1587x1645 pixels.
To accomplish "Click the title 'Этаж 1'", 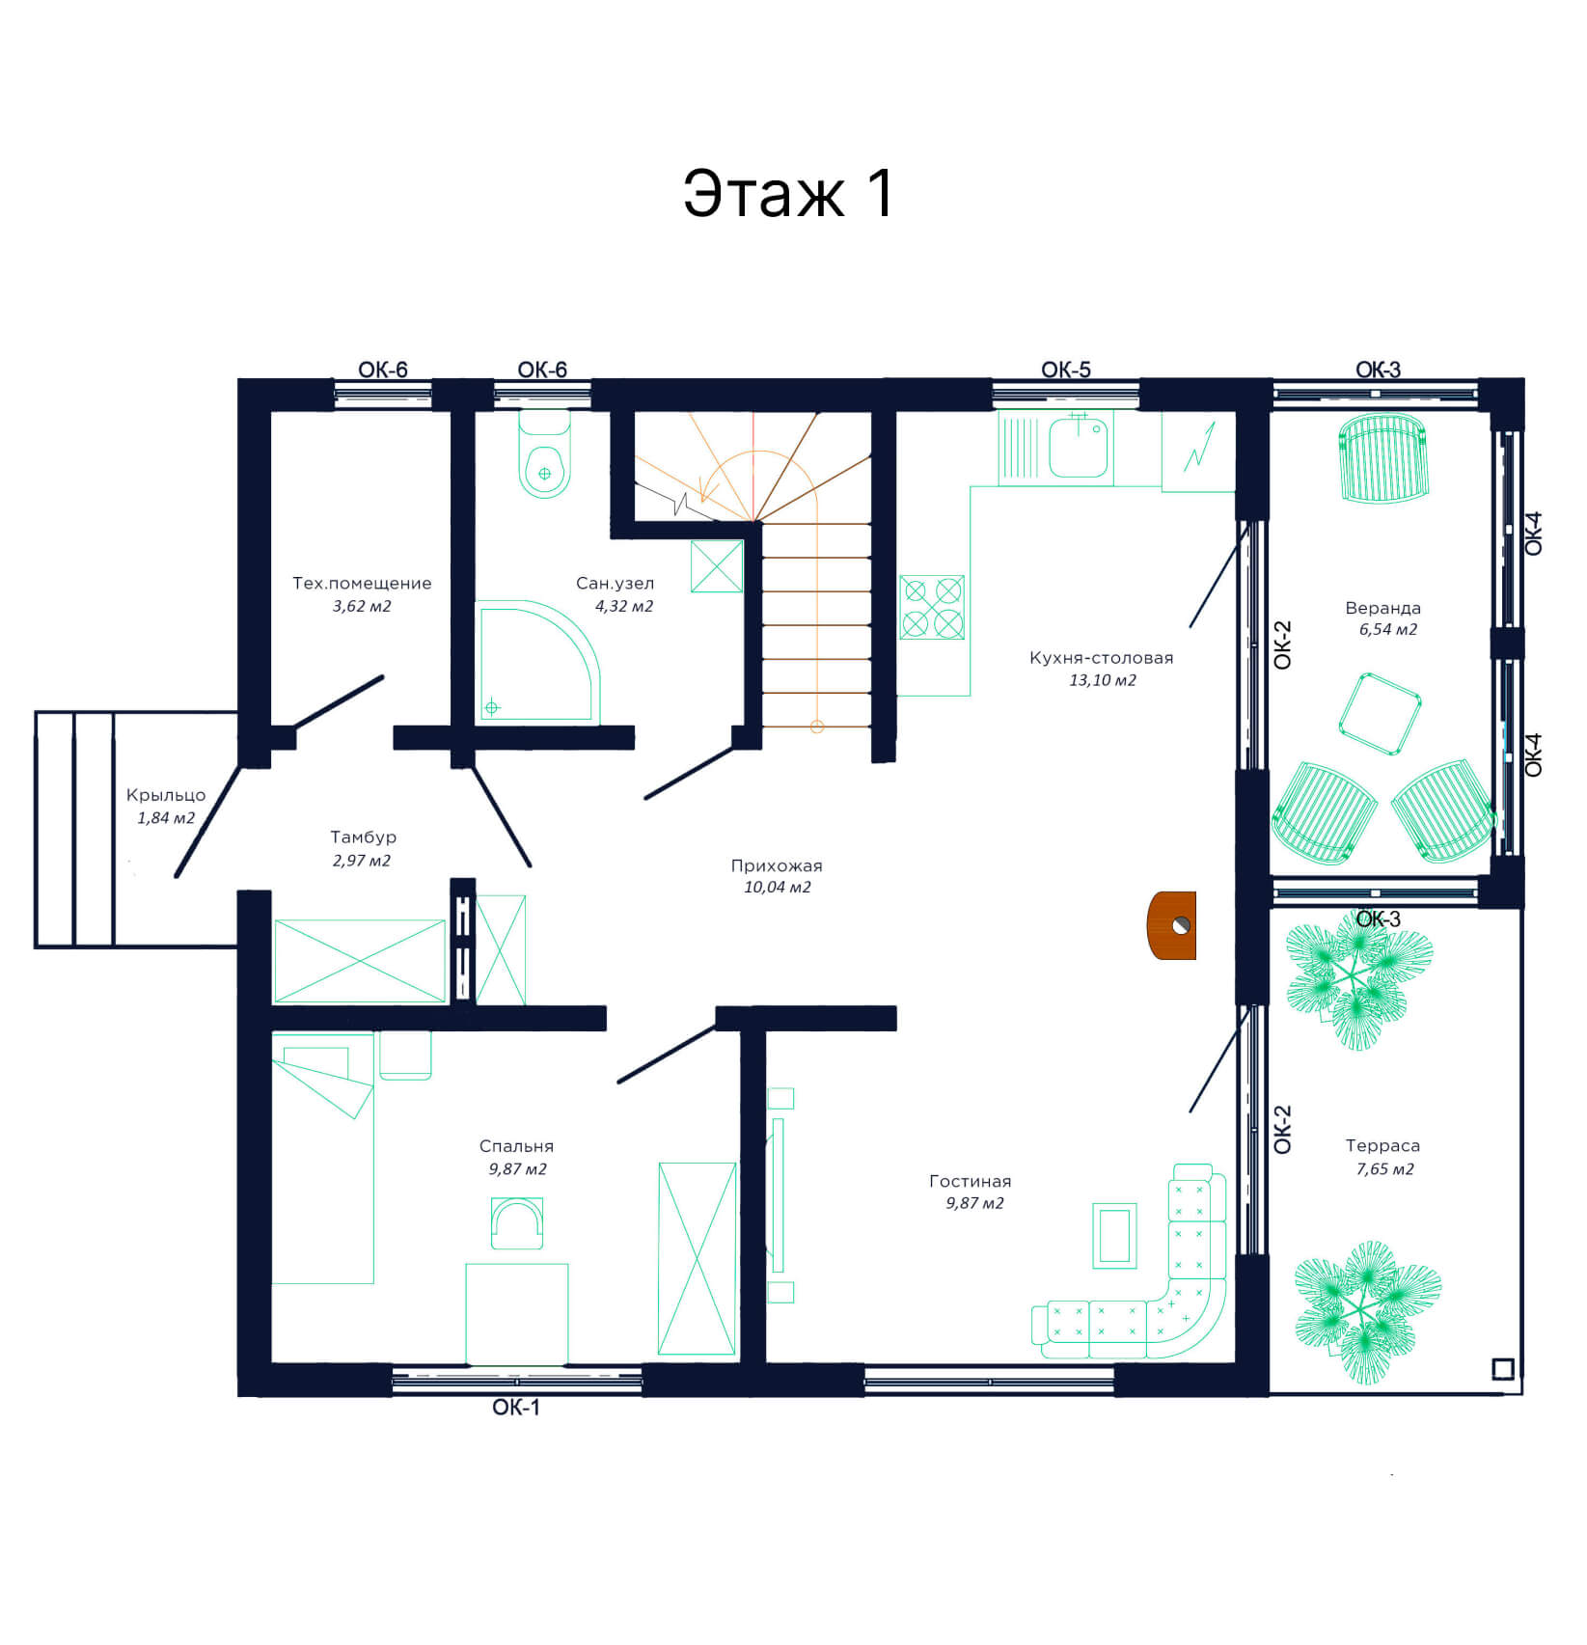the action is point(788,193).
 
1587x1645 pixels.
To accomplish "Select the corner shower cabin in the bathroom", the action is point(537,663).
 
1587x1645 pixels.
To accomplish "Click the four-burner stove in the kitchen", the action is point(932,607).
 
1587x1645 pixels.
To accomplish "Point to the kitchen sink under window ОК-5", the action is point(1078,447).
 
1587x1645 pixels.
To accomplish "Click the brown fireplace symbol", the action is point(1171,925).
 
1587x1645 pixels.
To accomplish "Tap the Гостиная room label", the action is point(970,1181).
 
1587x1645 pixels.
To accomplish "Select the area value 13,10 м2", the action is point(1102,680).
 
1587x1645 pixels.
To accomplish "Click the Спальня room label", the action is point(516,1146).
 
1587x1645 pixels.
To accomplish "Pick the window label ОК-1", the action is point(516,1408).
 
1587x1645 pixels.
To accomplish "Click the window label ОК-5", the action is point(1066,370).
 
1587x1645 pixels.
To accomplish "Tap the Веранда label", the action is point(1382,608).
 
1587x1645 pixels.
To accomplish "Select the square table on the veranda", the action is point(1380,714).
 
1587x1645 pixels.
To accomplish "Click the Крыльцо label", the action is point(166,795).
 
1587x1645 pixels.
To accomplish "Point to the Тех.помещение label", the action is point(362,583).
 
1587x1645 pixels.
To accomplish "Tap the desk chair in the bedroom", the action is point(517,1222).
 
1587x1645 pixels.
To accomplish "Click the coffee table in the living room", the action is point(1114,1235).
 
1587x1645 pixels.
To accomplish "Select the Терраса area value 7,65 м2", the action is point(1384,1169).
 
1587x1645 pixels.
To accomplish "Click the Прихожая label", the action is point(777,865).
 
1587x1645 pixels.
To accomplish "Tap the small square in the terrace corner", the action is point(1503,1369).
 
